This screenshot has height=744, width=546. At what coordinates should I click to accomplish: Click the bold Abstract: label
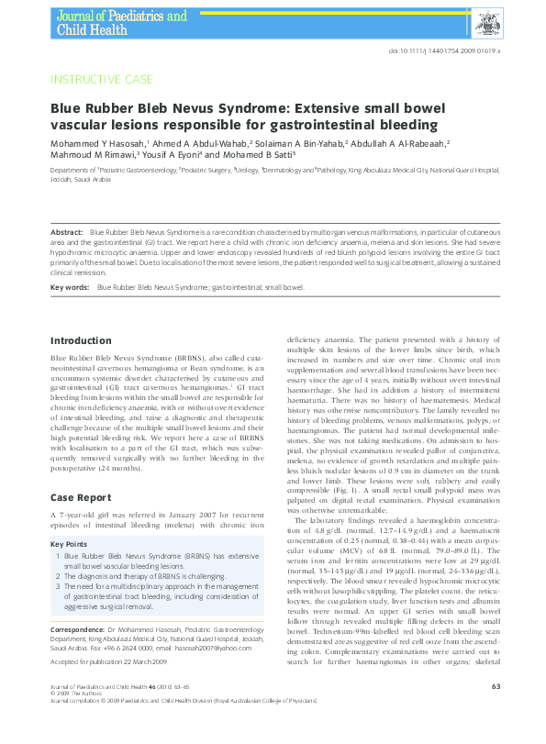pos(68,234)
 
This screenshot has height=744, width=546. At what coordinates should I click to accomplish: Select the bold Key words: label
pos(71,288)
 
